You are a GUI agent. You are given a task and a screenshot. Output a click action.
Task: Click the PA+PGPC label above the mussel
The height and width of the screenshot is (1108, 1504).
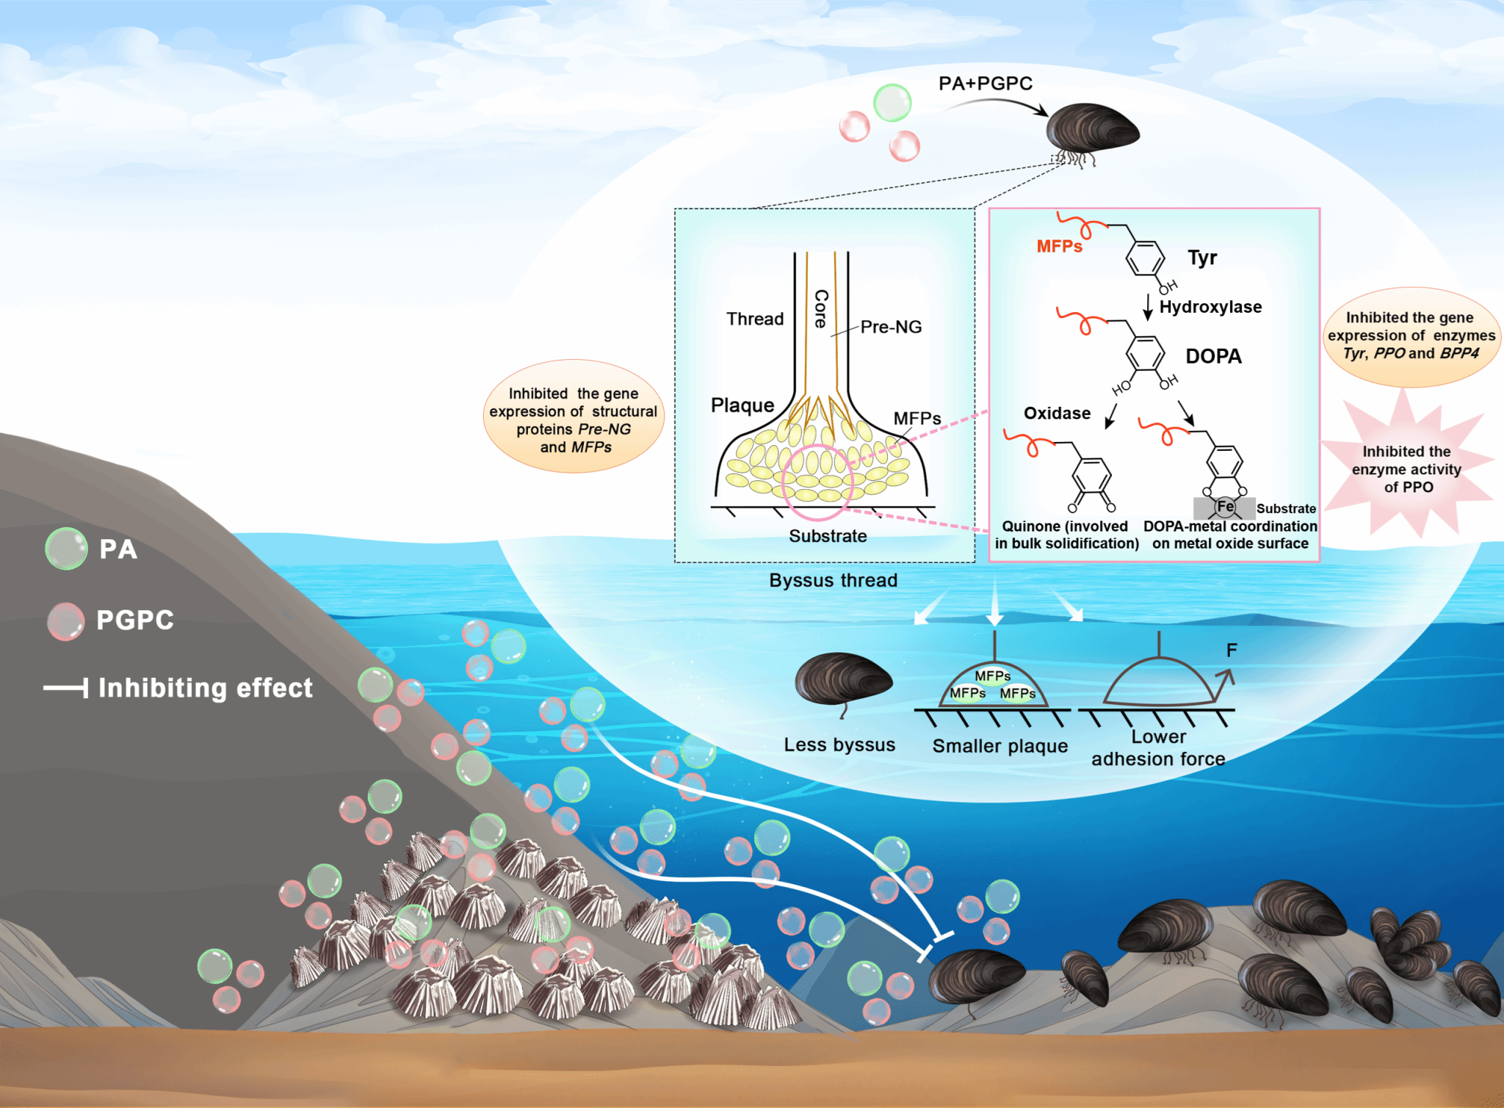coord(985,84)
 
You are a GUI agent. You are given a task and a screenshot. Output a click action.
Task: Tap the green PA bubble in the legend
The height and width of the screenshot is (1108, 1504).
coord(66,548)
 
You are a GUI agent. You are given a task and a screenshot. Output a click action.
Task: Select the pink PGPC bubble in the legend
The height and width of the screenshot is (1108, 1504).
coord(65,621)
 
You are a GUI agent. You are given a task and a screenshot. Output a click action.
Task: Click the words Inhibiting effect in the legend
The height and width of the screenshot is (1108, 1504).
coord(205,688)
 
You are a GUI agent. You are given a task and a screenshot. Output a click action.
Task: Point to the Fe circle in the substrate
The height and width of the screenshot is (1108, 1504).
coord(1225,507)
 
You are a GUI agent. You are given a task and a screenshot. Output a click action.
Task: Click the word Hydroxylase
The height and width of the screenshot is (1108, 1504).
coord(1210,307)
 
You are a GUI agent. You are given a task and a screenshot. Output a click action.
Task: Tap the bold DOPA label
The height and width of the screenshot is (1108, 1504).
coord(1213,356)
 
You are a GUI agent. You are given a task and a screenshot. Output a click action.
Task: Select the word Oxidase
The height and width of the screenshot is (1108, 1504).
coord(1057,413)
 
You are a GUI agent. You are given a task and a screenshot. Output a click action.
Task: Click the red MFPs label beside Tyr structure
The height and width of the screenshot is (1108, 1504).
coord(1059,247)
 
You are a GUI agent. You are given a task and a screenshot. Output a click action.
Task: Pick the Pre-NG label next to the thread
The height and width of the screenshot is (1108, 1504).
coord(891,327)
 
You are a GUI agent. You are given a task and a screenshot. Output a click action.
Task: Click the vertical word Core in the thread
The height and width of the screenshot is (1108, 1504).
coord(821,308)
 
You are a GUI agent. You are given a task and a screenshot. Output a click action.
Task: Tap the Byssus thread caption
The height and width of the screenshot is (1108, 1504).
coord(833,580)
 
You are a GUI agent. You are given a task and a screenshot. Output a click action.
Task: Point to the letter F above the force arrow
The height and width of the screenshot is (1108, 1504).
coord(1232,650)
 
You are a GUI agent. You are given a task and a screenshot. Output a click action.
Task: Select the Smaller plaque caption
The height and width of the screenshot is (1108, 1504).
coord(999,746)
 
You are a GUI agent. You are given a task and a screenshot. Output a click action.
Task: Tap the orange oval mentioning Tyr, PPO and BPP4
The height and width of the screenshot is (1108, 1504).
coord(1411,336)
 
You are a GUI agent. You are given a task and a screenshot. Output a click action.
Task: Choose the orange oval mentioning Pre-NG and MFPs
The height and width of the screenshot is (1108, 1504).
coord(574,417)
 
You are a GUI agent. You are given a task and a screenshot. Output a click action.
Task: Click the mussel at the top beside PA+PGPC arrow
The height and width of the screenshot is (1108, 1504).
coord(1092,131)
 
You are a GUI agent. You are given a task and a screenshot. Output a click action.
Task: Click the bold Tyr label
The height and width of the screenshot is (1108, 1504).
coord(1202,258)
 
